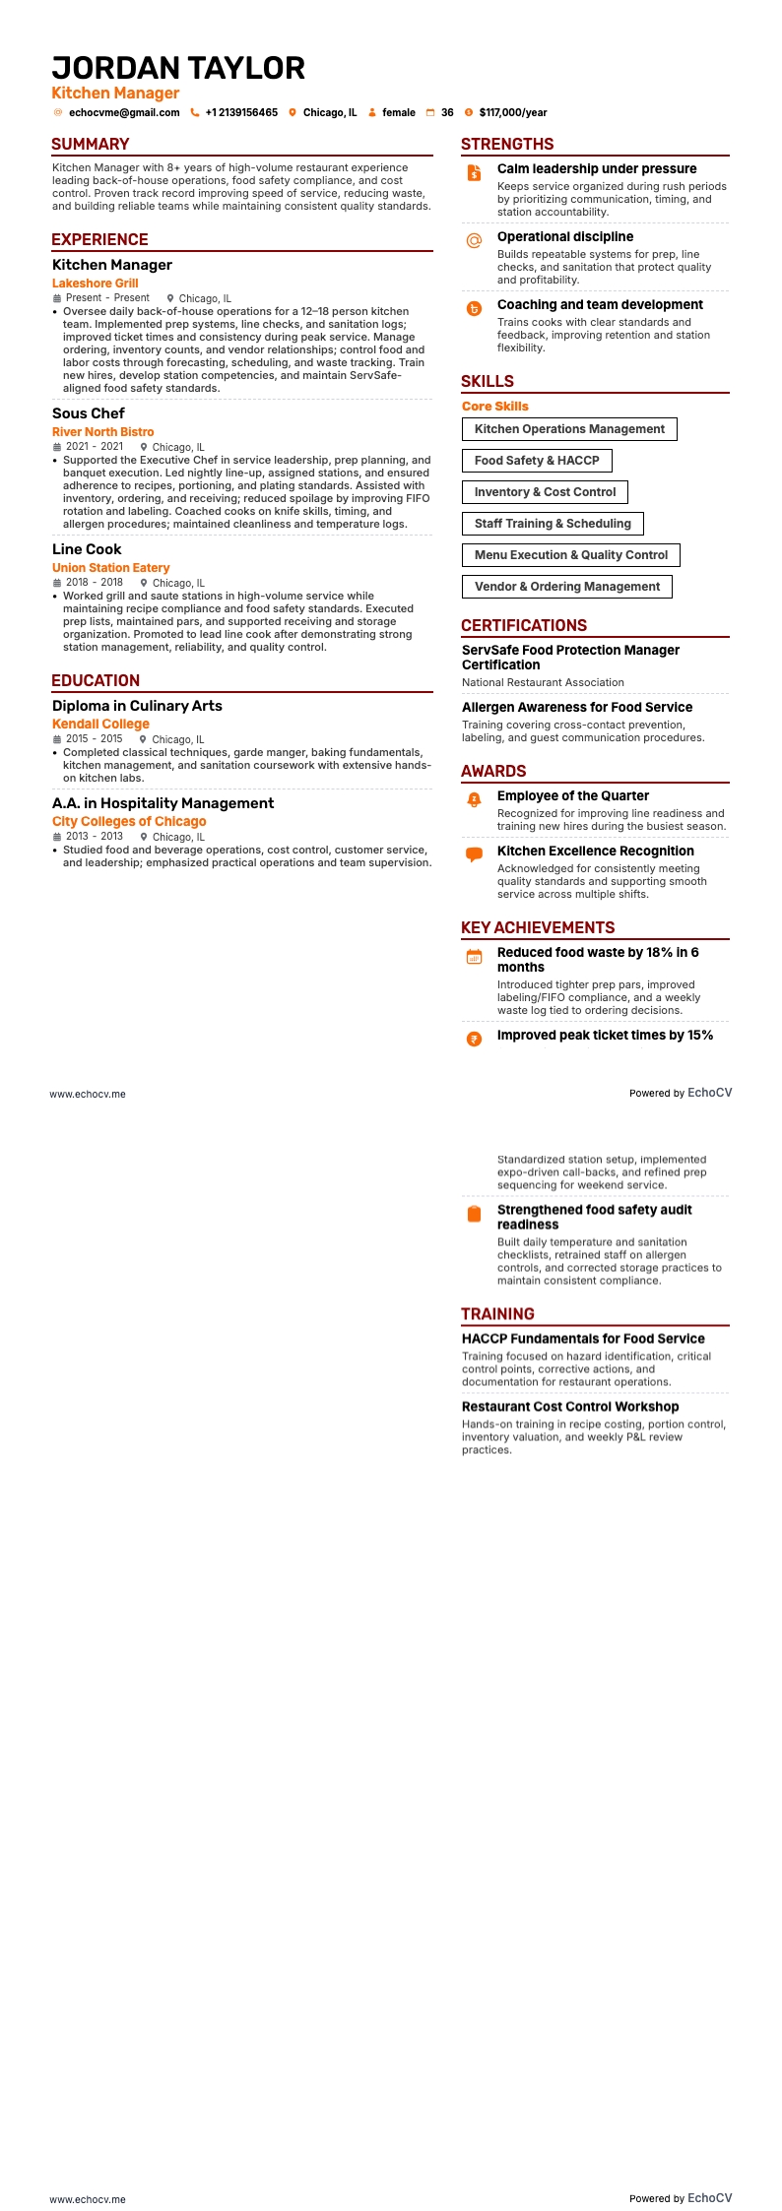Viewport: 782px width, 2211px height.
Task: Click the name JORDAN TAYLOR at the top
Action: click(x=178, y=68)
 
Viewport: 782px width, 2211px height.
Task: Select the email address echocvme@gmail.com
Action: click(x=124, y=113)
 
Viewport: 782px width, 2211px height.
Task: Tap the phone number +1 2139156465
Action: click(x=241, y=113)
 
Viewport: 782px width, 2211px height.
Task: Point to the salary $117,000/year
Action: click(x=513, y=113)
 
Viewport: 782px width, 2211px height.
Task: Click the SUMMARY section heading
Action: click(x=91, y=144)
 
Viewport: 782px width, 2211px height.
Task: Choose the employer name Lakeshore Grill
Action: click(x=96, y=284)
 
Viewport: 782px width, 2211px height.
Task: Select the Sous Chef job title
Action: click(x=89, y=413)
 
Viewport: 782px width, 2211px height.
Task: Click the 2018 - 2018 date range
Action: click(x=95, y=583)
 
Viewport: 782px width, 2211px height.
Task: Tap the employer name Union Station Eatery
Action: click(x=111, y=568)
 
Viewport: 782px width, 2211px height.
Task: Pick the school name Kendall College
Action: click(x=100, y=725)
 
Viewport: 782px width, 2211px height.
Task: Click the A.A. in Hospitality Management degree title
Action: click(x=163, y=803)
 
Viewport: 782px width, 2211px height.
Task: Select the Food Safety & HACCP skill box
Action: click(x=537, y=461)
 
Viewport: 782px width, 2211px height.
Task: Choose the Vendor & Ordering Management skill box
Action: click(x=567, y=587)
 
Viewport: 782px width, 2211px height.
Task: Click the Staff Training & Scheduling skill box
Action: click(x=553, y=524)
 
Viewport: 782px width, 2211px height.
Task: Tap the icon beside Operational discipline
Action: click(x=474, y=240)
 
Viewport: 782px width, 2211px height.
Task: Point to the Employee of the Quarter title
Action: click(x=573, y=796)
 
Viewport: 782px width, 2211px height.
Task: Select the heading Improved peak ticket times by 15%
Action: click(x=605, y=1036)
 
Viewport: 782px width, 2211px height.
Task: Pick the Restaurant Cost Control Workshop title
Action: click(x=570, y=1407)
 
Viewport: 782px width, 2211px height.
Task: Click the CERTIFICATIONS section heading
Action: click(x=524, y=626)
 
